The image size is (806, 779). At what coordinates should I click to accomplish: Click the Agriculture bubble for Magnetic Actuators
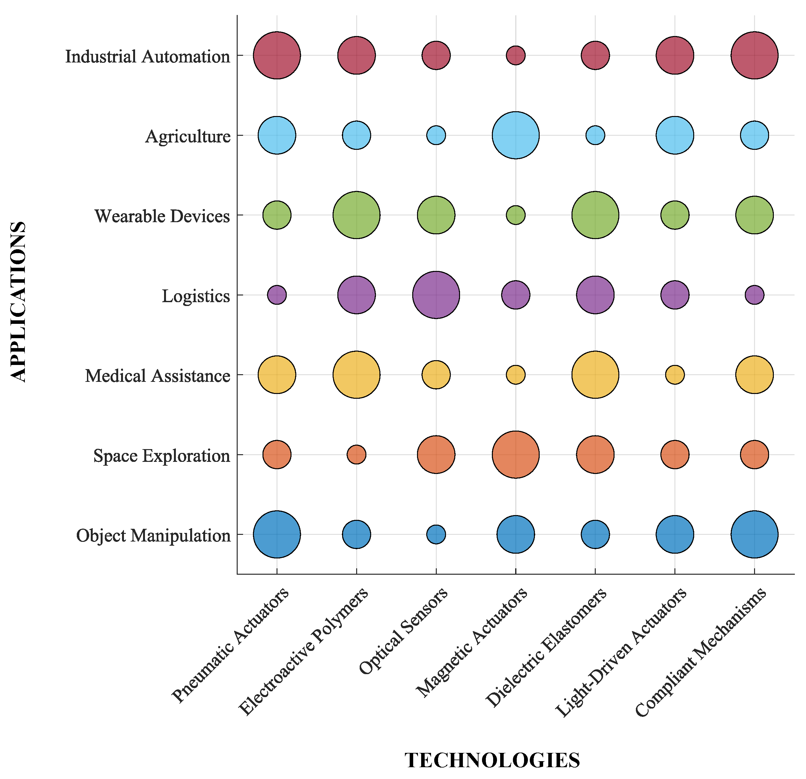(x=516, y=135)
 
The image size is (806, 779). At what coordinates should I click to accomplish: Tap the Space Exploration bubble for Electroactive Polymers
(x=356, y=455)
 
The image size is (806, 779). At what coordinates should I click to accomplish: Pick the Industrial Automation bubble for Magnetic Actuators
(x=516, y=55)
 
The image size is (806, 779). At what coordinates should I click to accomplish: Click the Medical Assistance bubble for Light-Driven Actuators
(x=675, y=375)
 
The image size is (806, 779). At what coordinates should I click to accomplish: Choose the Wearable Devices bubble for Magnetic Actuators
(x=516, y=215)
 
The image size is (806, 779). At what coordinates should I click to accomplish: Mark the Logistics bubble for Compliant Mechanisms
(x=755, y=295)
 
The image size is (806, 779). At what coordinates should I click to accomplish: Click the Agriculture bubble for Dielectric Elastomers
(x=595, y=135)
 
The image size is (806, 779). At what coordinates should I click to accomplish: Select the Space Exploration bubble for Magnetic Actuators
(x=516, y=455)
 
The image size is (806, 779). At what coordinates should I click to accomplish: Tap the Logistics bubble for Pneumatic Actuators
(x=277, y=295)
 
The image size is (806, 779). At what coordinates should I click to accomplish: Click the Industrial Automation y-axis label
(x=148, y=56)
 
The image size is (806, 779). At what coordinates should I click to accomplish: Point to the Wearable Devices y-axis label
(x=162, y=216)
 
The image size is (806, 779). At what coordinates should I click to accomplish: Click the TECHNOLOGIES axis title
(x=492, y=760)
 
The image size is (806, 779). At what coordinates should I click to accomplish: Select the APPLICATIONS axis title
(x=18, y=302)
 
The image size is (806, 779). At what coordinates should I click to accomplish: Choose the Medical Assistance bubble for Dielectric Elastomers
(x=595, y=375)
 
